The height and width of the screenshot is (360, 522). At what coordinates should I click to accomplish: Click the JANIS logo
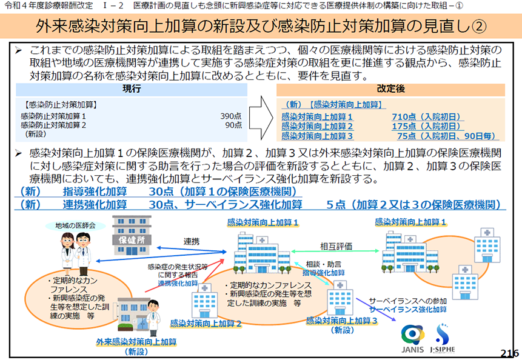pyautogui.click(x=413, y=339)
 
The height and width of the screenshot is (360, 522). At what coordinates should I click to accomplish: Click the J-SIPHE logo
pyautogui.click(x=443, y=338)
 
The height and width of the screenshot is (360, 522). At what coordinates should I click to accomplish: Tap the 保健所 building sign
pyautogui.click(x=132, y=240)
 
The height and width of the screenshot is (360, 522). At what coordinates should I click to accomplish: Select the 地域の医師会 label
pyautogui.click(x=75, y=225)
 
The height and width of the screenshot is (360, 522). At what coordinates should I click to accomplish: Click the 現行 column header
pyautogui.click(x=132, y=89)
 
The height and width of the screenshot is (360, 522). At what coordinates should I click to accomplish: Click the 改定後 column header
pyautogui.click(x=390, y=89)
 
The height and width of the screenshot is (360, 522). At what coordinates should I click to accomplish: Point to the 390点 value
pyautogui.click(x=231, y=116)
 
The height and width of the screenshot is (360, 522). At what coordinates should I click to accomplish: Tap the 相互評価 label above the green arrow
pyautogui.click(x=336, y=246)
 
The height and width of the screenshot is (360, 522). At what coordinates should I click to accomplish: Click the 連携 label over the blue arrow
pyautogui.click(x=192, y=241)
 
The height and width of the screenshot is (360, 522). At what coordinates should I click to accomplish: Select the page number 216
pyautogui.click(x=509, y=353)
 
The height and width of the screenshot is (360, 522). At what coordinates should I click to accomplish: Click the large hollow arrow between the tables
pyautogui.click(x=261, y=118)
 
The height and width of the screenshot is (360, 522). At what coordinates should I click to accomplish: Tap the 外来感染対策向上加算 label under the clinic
pyautogui.click(x=136, y=342)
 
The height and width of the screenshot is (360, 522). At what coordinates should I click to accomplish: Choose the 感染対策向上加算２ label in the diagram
pyautogui.click(x=206, y=324)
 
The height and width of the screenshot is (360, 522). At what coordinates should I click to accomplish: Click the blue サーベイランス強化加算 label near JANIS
pyautogui.click(x=408, y=310)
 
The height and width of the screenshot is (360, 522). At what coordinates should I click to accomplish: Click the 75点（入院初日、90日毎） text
pyautogui.click(x=446, y=136)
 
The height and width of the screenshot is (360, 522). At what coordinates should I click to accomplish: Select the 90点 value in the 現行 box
pyautogui.click(x=233, y=125)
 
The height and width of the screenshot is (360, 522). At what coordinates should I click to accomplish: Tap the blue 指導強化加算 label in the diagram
pyautogui.click(x=323, y=273)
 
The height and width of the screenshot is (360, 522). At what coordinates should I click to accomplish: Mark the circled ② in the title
pyautogui.click(x=479, y=27)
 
